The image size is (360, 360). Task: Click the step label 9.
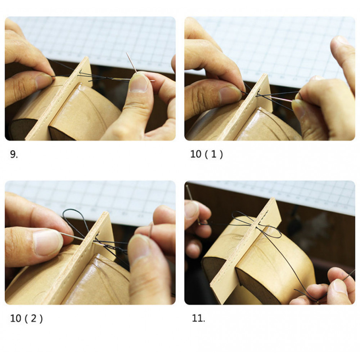click(x=14, y=154)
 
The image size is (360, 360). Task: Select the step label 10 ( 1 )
click(x=206, y=154)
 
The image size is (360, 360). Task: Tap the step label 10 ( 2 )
click(x=26, y=319)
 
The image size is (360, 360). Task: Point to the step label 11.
click(x=198, y=318)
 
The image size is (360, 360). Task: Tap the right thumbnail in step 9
click(x=139, y=83)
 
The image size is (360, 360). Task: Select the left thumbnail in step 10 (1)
click(x=230, y=94)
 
